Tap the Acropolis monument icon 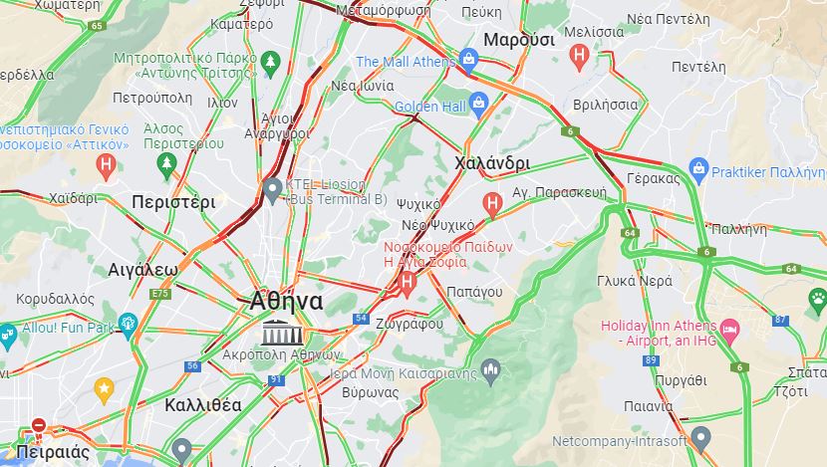tap(276, 333)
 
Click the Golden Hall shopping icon tap(478, 103)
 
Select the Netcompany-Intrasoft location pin tap(700, 438)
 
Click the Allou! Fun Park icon tap(127, 325)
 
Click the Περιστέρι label tap(173, 202)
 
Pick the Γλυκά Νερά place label tap(629, 280)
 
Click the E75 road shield tap(159, 294)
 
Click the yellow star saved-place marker tap(104, 387)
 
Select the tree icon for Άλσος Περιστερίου tap(166, 161)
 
